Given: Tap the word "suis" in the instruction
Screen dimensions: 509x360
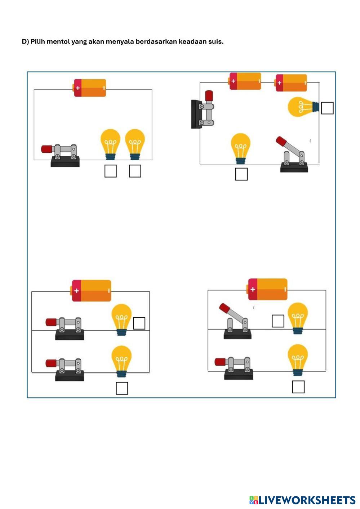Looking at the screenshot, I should [x=215, y=41].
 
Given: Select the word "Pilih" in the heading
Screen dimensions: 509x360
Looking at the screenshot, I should [x=38, y=41].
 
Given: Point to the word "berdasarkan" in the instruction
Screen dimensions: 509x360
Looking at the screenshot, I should [x=156, y=41].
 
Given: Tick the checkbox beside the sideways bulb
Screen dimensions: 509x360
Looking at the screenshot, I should [x=327, y=108].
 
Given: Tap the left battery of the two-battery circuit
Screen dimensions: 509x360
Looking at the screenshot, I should [x=245, y=81].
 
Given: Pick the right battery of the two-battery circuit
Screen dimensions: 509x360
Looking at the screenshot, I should [x=291, y=82].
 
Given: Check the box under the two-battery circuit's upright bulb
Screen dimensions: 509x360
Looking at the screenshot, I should [x=241, y=174].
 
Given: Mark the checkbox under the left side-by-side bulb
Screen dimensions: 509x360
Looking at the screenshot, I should [x=110, y=171].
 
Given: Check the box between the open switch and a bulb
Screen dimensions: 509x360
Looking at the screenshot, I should [x=277, y=321].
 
